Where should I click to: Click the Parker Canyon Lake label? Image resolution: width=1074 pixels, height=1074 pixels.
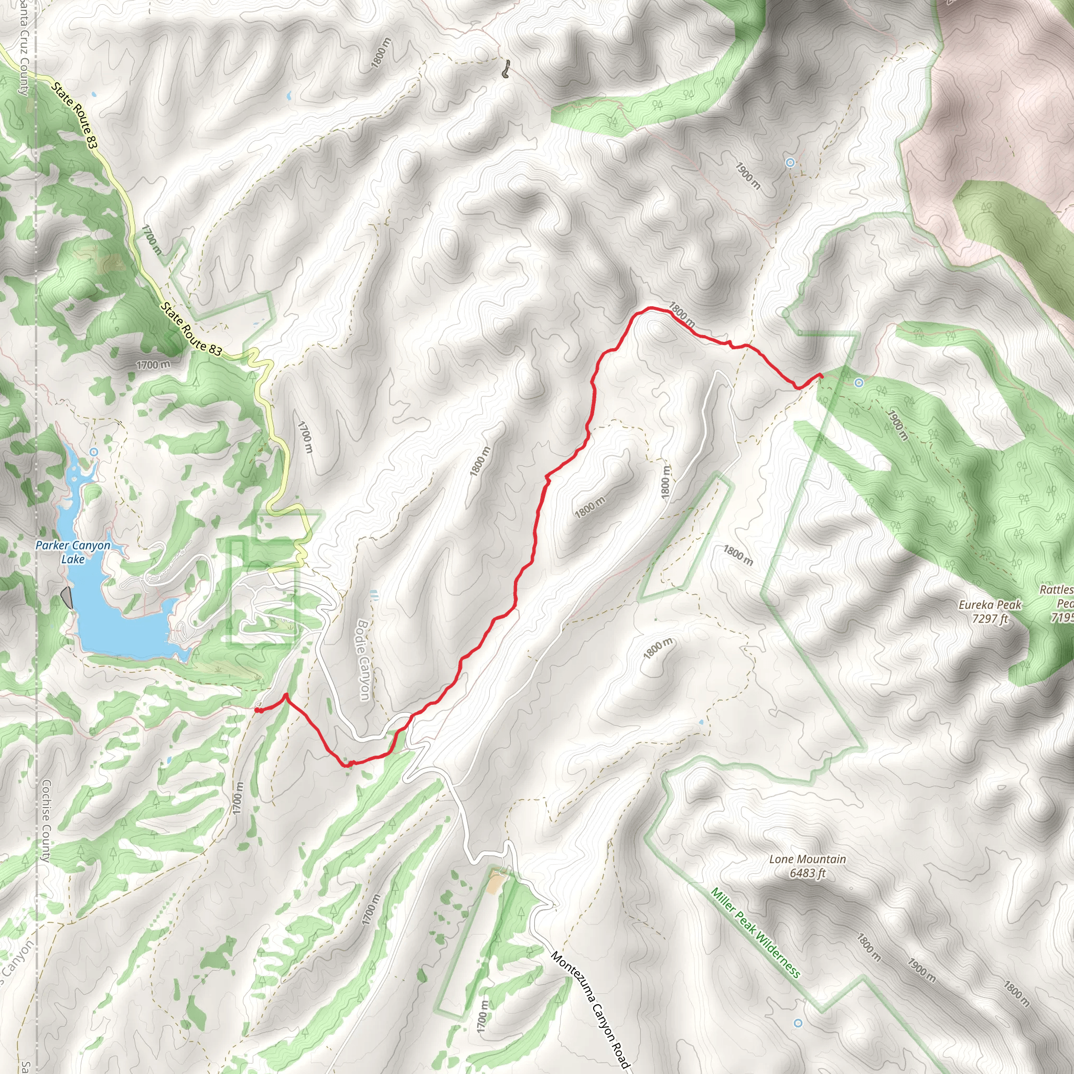tap(73, 552)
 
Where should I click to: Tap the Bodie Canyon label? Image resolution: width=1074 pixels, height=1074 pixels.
tap(363, 660)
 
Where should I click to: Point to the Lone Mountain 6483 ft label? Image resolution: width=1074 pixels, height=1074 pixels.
tap(808, 865)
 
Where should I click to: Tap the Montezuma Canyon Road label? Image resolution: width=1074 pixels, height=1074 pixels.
tap(590, 1009)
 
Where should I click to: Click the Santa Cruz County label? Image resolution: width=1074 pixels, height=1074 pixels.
tap(24, 50)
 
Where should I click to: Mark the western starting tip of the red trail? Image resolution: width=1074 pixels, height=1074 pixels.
tap(257, 710)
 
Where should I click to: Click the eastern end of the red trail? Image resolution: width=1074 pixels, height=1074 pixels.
tap(821, 376)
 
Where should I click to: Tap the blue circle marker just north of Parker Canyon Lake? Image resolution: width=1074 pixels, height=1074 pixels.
tap(94, 453)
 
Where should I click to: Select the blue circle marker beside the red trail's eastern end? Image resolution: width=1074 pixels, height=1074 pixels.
tap(859, 382)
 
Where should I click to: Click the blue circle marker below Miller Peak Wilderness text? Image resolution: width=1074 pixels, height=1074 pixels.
tap(798, 1023)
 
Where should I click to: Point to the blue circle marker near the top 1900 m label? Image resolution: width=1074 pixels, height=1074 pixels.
tap(790, 163)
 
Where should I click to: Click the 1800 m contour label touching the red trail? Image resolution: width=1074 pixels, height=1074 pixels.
tap(682, 315)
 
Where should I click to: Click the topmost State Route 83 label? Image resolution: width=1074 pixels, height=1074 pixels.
tap(74, 115)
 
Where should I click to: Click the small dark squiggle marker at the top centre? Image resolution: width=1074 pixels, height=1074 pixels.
tap(506, 70)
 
